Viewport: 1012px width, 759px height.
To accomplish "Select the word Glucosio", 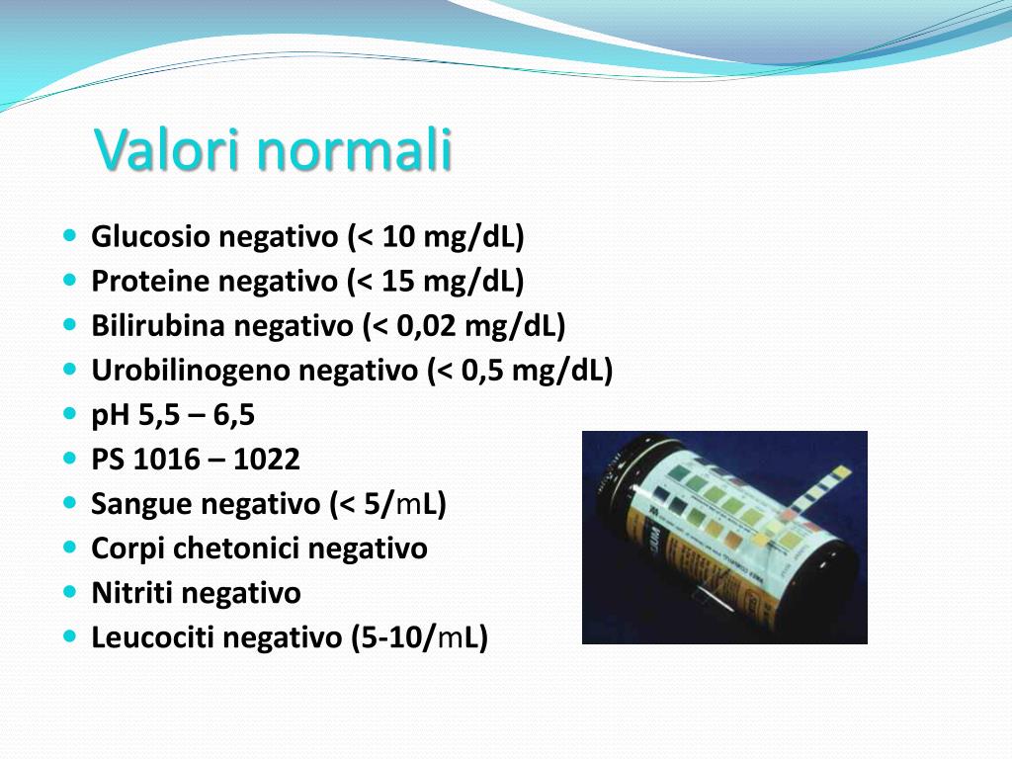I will click(150, 237).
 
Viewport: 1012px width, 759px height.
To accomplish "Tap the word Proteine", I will click(150, 282).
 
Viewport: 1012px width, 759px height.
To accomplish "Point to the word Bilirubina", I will click(157, 326).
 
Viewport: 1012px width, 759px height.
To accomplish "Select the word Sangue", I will click(141, 504).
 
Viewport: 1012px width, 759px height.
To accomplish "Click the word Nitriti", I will click(132, 593).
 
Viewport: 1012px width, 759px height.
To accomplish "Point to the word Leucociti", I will click(153, 638).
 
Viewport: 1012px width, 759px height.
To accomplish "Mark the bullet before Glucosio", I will click(69, 237).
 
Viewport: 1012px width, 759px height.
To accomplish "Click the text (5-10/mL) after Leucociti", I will click(419, 638).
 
